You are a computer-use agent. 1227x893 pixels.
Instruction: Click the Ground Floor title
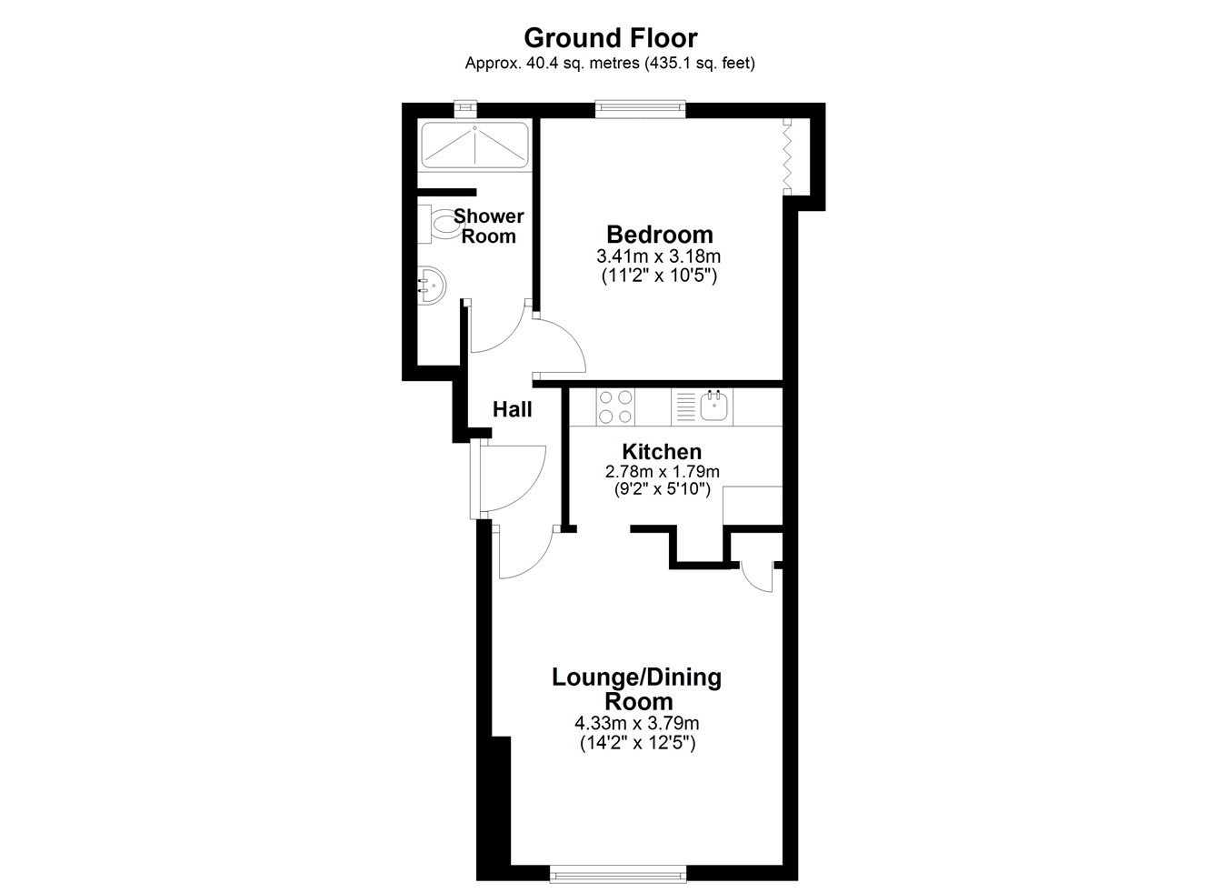(x=610, y=38)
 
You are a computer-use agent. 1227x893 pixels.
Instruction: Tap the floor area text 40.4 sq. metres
(x=583, y=64)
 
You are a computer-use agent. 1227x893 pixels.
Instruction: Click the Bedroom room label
(x=660, y=235)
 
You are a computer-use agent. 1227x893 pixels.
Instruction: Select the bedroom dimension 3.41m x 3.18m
(x=658, y=256)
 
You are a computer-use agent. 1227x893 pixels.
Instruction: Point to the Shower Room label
(x=489, y=226)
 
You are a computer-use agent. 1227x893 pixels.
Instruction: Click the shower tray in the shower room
(x=474, y=145)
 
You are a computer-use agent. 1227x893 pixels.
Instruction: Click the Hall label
(x=513, y=409)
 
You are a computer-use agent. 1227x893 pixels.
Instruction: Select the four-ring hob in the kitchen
(x=615, y=406)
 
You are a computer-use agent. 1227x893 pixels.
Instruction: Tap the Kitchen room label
(x=662, y=452)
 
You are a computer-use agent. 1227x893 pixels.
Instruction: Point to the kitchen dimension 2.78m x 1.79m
(x=662, y=471)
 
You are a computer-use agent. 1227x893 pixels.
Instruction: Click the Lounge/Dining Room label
(x=636, y=689)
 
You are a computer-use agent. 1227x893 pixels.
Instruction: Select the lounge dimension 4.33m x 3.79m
(x=636, y=724)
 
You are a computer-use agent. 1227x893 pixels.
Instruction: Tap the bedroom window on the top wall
(x=641, y=109)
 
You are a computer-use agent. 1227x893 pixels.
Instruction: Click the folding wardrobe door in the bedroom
(x=788, y=156)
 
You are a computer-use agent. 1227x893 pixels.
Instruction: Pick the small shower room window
(x=465, y=108)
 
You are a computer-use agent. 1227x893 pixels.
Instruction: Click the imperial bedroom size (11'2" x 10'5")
(x=659, y=276)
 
